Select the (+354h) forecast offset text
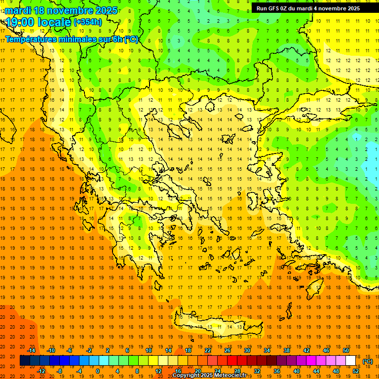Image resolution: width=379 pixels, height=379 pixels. click(87, 22)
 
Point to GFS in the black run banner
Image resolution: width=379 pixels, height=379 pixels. click(276, 8)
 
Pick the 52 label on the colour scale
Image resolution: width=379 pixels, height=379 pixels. click(356, 371)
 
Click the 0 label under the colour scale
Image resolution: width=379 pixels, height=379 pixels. click(98, 371)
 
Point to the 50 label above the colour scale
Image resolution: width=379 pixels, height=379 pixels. click(346, 350)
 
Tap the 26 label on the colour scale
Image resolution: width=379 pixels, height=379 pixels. click(227, 350)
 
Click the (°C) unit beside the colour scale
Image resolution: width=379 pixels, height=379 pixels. click(367, 361)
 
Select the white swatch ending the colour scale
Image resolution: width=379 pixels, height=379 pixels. click(351, 361)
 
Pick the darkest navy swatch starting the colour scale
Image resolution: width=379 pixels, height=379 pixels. click(25, 361)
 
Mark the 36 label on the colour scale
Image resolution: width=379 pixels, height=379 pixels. click(277, 371)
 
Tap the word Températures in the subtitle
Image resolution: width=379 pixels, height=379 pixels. click(31, 39)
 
